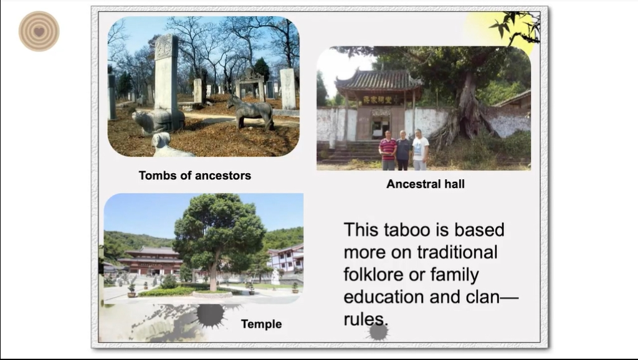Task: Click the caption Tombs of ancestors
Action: coord(195,175)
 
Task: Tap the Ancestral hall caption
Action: coord(425,184)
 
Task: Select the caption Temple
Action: coord(261,324)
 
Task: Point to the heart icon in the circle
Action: coord(39,31)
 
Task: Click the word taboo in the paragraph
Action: coord(407,230)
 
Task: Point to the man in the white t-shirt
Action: coord(421,149)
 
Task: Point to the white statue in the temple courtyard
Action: coord(275,277)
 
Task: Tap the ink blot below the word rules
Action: coord(378,333)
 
